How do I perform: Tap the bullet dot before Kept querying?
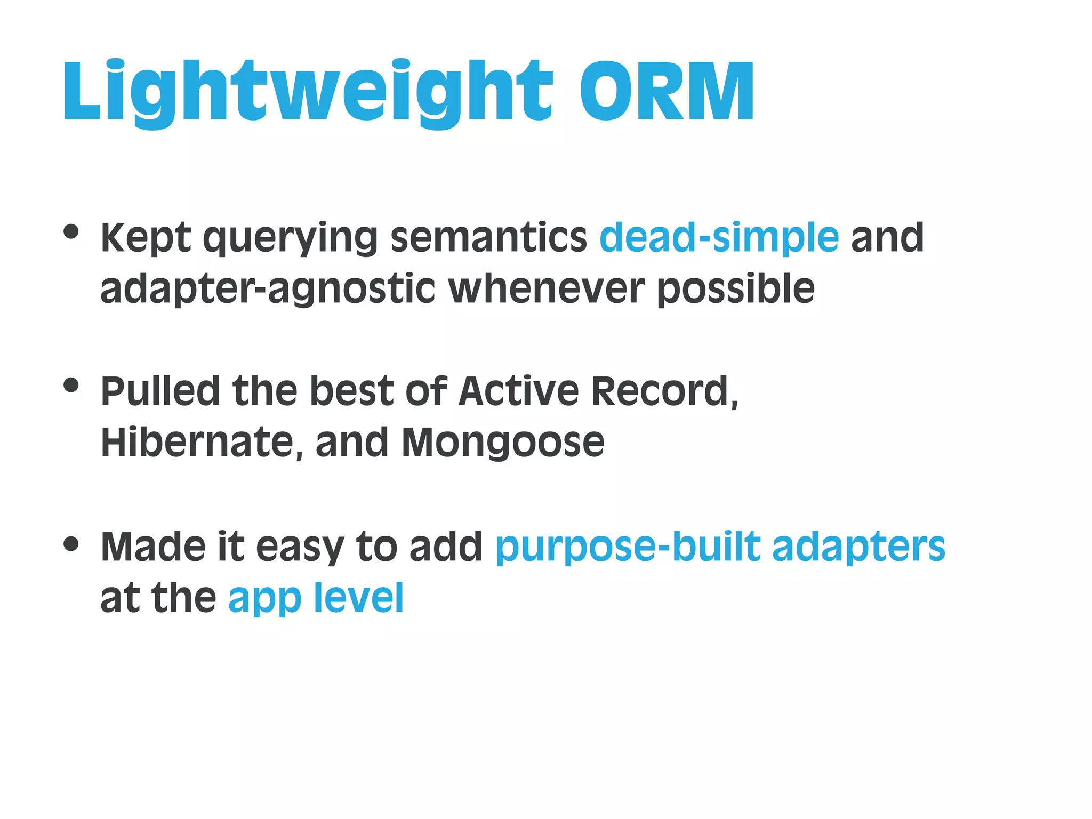[71, 232]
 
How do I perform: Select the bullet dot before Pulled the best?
[71, 385]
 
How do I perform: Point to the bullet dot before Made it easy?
[71, 544]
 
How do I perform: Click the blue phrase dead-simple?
[719, 237]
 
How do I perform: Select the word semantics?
[488, 237]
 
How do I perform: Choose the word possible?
[736, 290]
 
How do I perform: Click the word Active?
[518, 391]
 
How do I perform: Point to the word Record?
[663, 391]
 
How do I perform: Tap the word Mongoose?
[503, 443]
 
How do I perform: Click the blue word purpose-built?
[628, 548]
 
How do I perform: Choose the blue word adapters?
[858, 548]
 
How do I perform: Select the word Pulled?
[160, 391]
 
